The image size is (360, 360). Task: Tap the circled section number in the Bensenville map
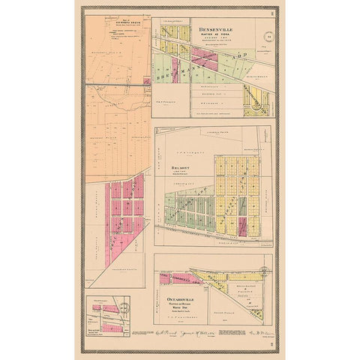point(269,36)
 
